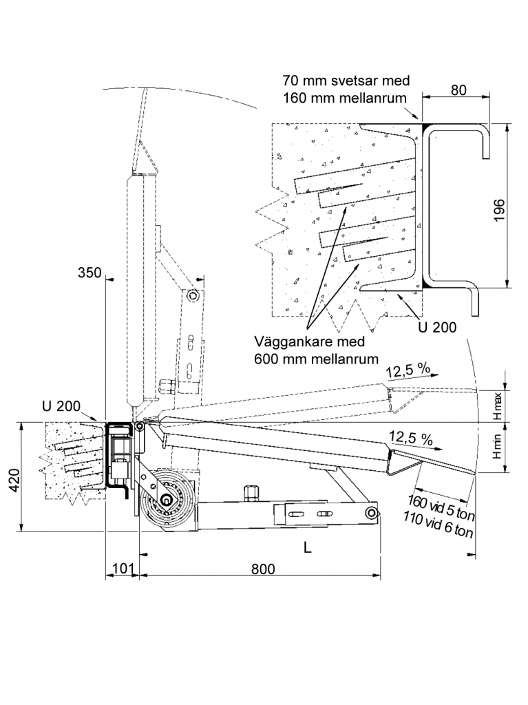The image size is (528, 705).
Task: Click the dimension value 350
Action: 89,273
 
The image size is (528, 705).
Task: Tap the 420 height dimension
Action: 15,480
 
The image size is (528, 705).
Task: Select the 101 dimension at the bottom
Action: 123,568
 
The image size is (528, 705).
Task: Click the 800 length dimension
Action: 263,569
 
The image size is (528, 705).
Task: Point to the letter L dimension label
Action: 308,547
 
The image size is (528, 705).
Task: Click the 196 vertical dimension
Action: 499,210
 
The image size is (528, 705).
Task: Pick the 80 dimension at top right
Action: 458,90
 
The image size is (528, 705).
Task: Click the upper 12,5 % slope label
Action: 408,370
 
